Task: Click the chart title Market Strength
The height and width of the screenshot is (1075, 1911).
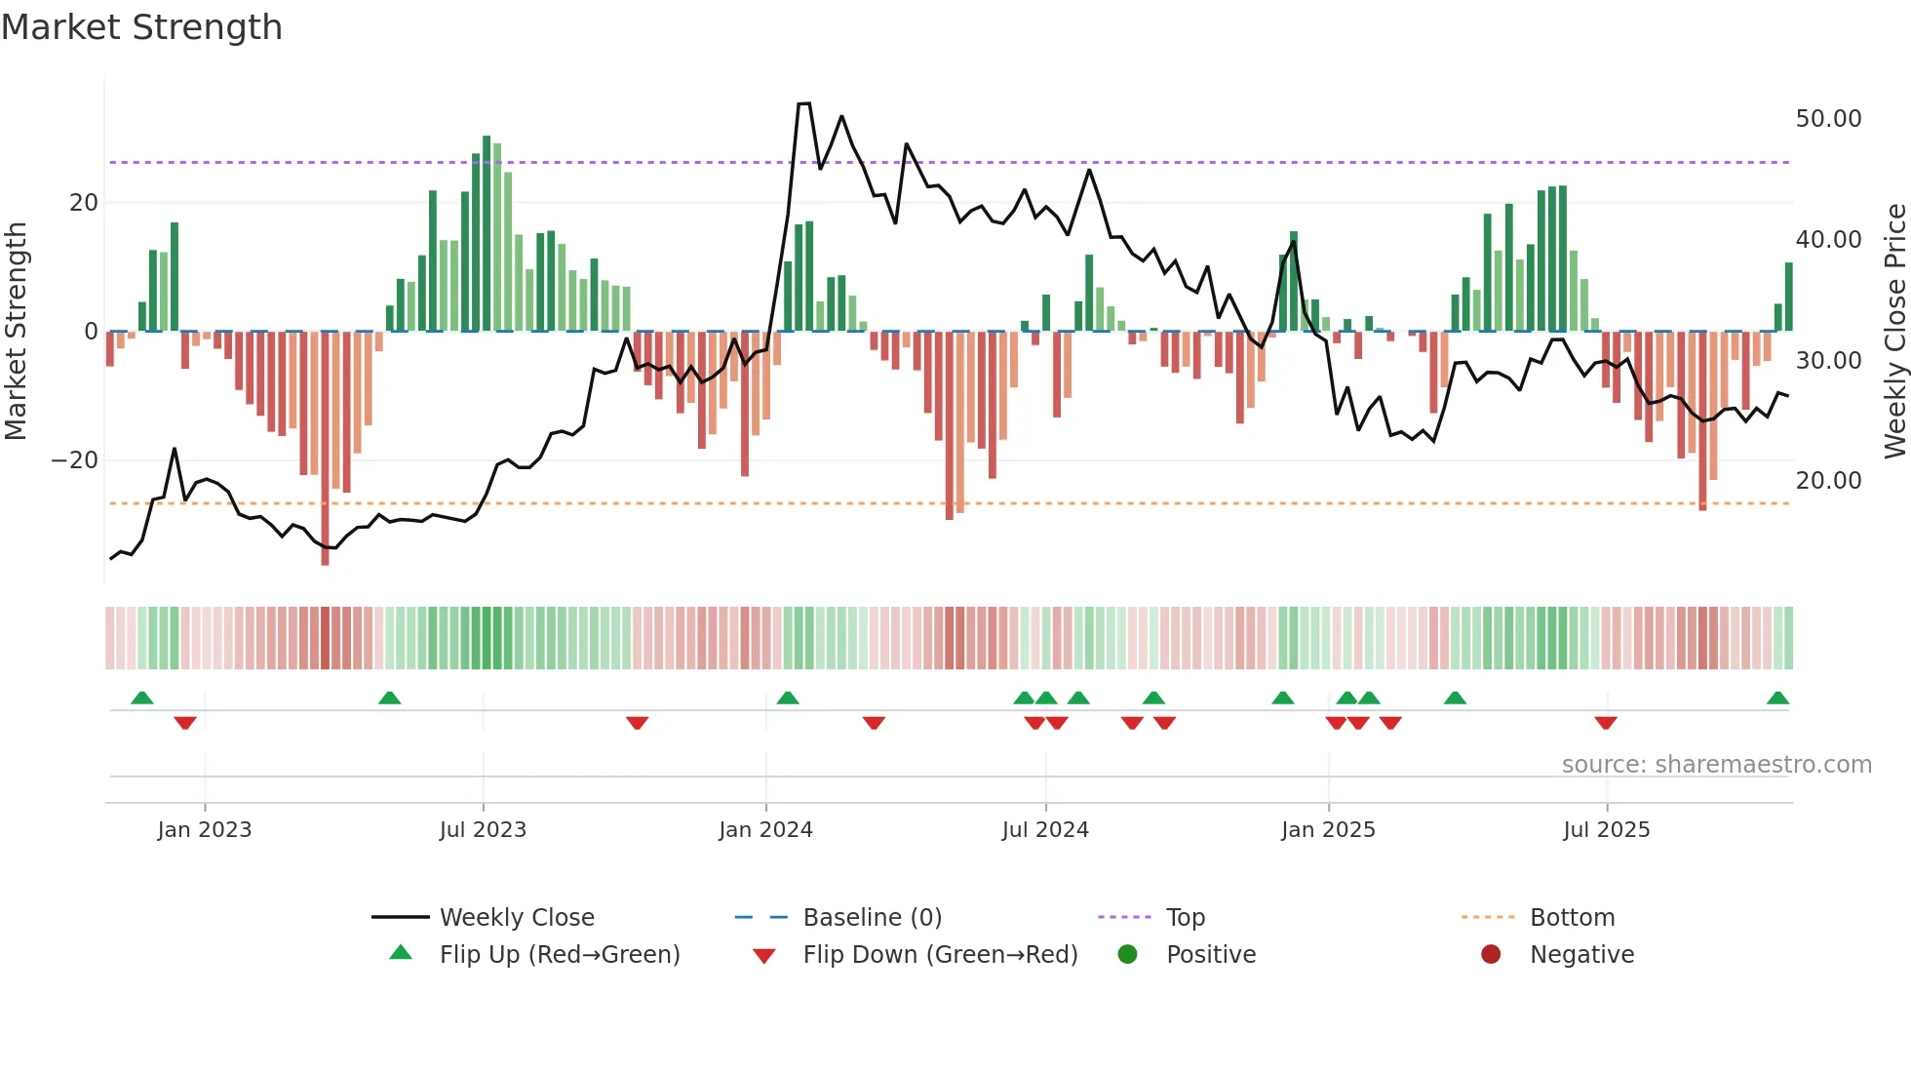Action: pos(141,27)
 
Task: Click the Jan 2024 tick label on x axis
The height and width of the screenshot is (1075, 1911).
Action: pos(765,830)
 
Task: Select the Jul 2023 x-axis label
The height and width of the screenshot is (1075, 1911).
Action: pos(483,830)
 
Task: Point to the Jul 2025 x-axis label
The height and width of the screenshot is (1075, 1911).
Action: pos(1606,830)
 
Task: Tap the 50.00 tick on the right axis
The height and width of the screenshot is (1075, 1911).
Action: pos(1828,119)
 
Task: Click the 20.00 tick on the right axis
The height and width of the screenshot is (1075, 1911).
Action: pos(1828,481)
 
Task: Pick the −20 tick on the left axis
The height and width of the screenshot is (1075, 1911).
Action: pos(75,460)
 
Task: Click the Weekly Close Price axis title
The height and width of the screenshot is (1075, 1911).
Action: pos(1894,332)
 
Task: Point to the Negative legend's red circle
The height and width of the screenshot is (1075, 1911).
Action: pos(1491,955)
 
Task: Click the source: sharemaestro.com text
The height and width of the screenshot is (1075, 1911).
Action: pos(1716,765)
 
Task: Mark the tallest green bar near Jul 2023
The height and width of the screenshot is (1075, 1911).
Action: pos(487,234)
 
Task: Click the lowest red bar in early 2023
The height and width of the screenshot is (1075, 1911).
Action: pos(325,449)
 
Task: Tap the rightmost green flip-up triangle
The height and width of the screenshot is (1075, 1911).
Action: pos(1777,698)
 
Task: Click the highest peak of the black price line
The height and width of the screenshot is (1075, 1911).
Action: pos(803,103)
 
